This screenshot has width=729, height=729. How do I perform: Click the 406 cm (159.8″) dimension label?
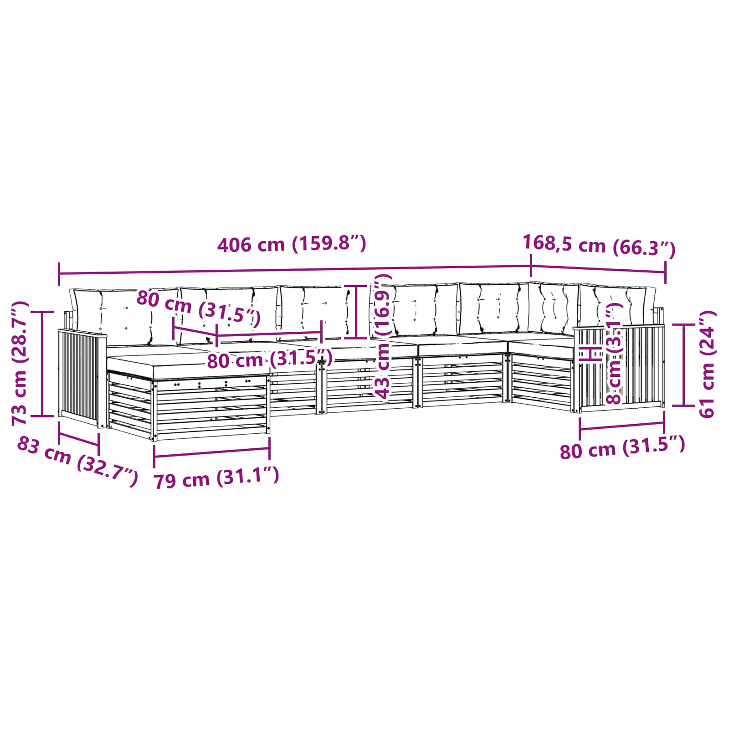coord(292,245)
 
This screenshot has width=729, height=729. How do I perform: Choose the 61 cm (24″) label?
coord(707,364)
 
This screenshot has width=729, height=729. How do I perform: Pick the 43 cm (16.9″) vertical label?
coord(381,337)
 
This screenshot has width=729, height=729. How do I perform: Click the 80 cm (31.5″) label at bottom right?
coord(622,447)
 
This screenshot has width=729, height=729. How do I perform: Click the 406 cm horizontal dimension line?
coord(295,270)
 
